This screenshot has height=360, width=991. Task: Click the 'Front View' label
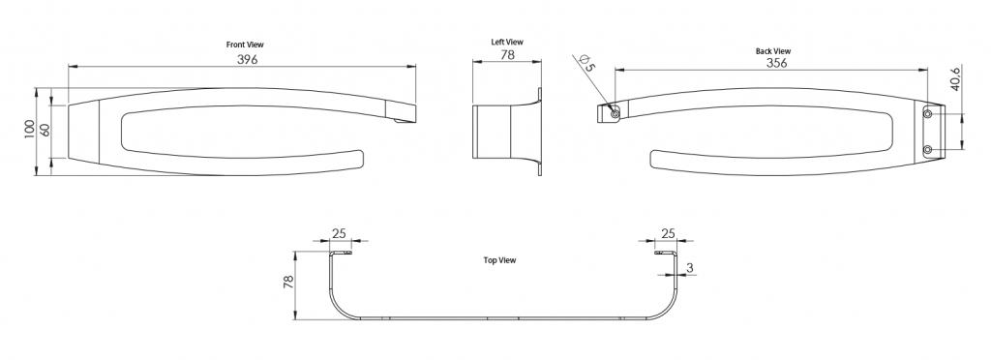click(245, 45)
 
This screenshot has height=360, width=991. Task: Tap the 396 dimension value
click(248, 59)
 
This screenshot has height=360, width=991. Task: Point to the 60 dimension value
click(45, 130)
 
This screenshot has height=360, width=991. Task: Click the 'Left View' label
click(507, 43)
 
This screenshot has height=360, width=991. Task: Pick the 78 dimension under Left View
click(507, 55)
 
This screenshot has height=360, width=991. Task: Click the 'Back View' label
click(773, 51)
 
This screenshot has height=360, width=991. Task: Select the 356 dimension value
click(777, 63)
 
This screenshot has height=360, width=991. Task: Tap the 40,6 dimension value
click(955, 78)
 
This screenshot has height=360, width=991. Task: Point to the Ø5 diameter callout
click(587, 63)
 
